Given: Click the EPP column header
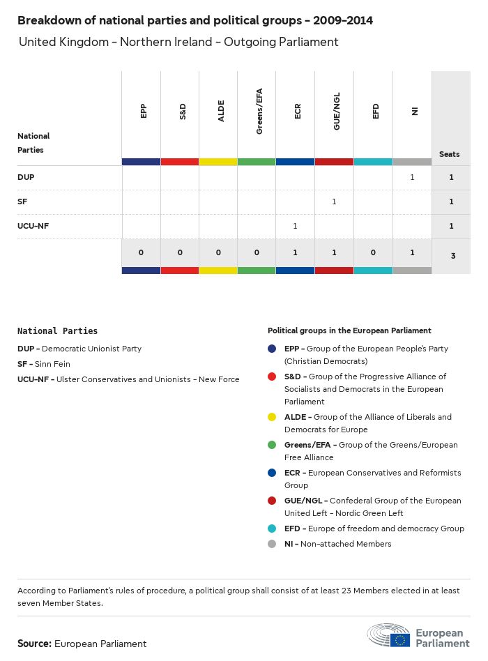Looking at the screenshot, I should tap(143, 111).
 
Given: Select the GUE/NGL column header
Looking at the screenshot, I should tap(337, 112).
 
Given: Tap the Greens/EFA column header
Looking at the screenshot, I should tap(259, 112).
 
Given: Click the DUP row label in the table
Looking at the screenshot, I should tap(26, 177).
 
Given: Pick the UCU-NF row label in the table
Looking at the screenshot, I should tap(33, 226).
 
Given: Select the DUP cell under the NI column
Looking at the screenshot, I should tap(412, 177).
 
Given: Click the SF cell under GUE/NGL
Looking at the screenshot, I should tap(334, 202).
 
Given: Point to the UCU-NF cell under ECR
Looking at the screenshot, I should tap(296, 226).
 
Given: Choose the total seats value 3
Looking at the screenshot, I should tap(452, 256).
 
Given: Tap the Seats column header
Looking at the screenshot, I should tap(450, 154).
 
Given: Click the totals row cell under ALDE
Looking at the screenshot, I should tap(218, 252).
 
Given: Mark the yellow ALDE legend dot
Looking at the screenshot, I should tap(272, 417).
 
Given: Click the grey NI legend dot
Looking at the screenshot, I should tap(272, 544).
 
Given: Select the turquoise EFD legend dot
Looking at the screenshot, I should tap(272, 529).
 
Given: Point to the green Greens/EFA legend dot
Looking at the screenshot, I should tap(272, 445).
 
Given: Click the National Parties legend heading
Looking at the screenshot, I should tap(57, 331).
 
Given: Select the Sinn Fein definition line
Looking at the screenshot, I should tap(44, 364).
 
